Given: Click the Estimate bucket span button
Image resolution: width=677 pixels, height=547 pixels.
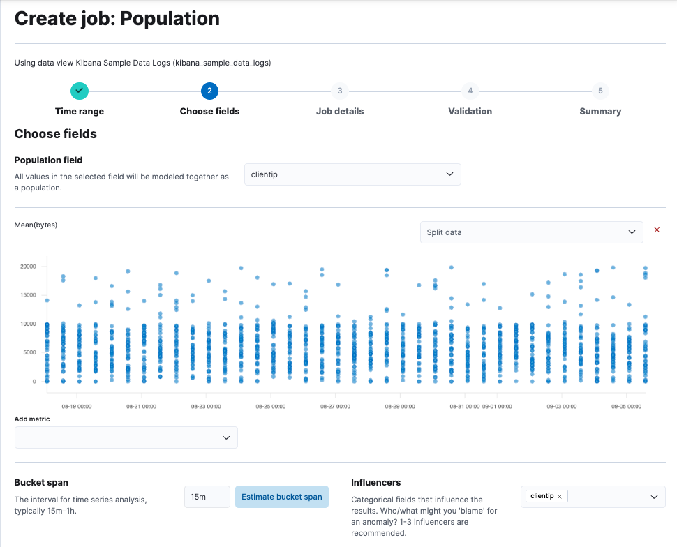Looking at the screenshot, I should [281, 497].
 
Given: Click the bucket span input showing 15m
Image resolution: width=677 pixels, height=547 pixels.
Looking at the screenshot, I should [207, 497].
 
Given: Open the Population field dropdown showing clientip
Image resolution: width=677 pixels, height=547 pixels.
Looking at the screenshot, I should [352, 174].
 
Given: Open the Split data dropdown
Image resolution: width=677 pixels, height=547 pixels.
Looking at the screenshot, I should [531, 232].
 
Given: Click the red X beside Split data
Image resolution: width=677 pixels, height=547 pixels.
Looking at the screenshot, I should [657, 230].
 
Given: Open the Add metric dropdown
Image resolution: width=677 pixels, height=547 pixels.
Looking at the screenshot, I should [126, 437].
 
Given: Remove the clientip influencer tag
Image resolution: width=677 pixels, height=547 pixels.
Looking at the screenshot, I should [560, 496].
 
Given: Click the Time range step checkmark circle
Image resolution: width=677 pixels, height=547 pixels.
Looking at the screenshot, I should [80, 91].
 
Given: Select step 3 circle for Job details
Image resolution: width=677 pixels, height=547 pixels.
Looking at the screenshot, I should [340, 91].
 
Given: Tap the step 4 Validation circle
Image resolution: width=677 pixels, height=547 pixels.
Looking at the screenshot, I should [470, 91].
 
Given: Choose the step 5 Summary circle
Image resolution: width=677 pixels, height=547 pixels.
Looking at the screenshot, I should [600, 91].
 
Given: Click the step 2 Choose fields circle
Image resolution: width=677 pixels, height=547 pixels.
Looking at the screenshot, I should [209, 91].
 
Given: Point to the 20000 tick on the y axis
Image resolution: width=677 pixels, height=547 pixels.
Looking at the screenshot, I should [28, 266].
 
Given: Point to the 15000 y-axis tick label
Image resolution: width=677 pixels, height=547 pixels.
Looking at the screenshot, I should [28, 294].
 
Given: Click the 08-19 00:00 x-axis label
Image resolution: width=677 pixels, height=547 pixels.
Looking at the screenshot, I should [76, 405].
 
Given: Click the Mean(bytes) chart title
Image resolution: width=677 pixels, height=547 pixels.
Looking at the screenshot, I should [36, 225].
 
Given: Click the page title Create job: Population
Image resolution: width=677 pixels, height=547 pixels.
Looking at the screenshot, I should [117, 19].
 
